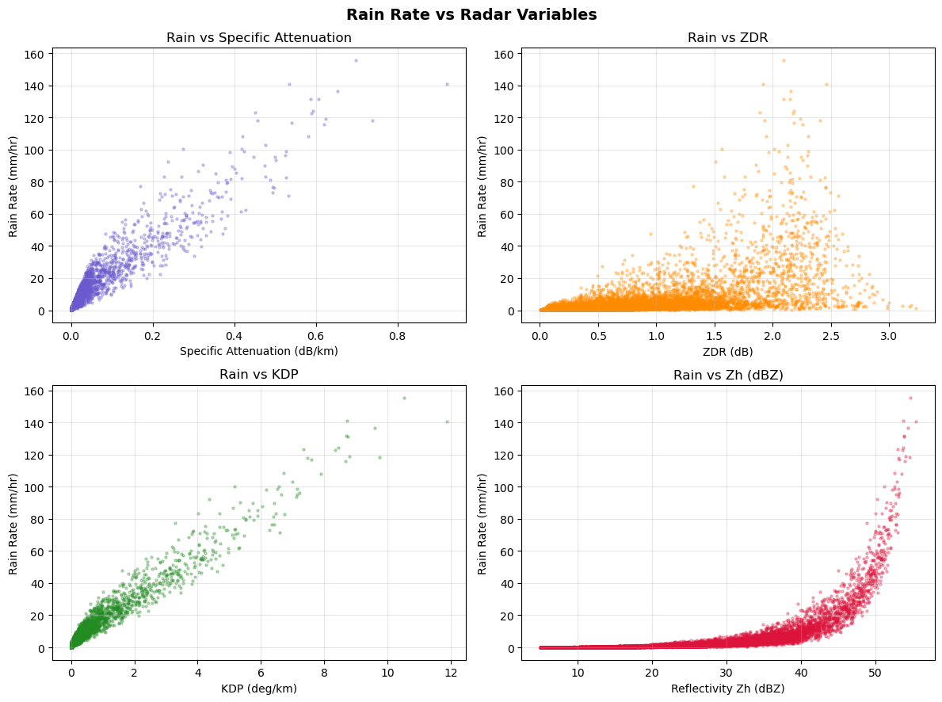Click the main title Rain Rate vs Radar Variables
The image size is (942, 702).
coord(471,14)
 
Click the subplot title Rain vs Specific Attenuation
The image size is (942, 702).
coord(259,37)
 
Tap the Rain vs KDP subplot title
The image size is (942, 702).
coord(259,375)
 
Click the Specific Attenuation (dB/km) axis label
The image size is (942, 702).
coord(259,351)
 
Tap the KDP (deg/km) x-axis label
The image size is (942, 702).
coord(259,689)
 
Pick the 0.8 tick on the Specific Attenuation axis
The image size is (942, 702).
coord(397,334)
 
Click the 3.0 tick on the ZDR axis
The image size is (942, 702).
coord(889,334)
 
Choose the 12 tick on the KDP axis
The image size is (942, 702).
coord(451,672)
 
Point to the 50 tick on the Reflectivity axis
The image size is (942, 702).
coord(875,672)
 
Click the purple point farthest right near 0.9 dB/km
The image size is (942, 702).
coord(447,84)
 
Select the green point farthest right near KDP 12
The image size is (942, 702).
coord(447,422)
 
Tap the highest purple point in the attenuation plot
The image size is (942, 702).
coord(356,60)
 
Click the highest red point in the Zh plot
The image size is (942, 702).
coord(910,398)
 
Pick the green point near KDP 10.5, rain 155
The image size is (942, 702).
coord(404,398)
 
